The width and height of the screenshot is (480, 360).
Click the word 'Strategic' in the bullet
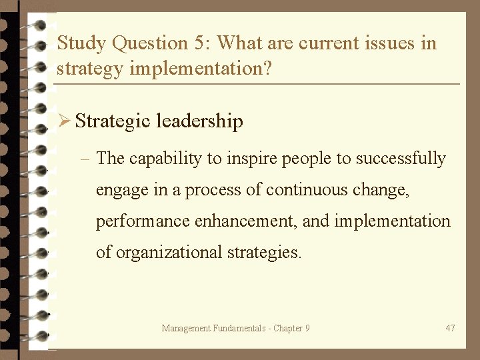point(113,121)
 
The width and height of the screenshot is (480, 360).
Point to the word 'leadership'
point(199,121)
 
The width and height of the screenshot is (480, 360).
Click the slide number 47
point(450,328)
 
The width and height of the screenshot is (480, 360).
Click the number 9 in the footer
point(307,328)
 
